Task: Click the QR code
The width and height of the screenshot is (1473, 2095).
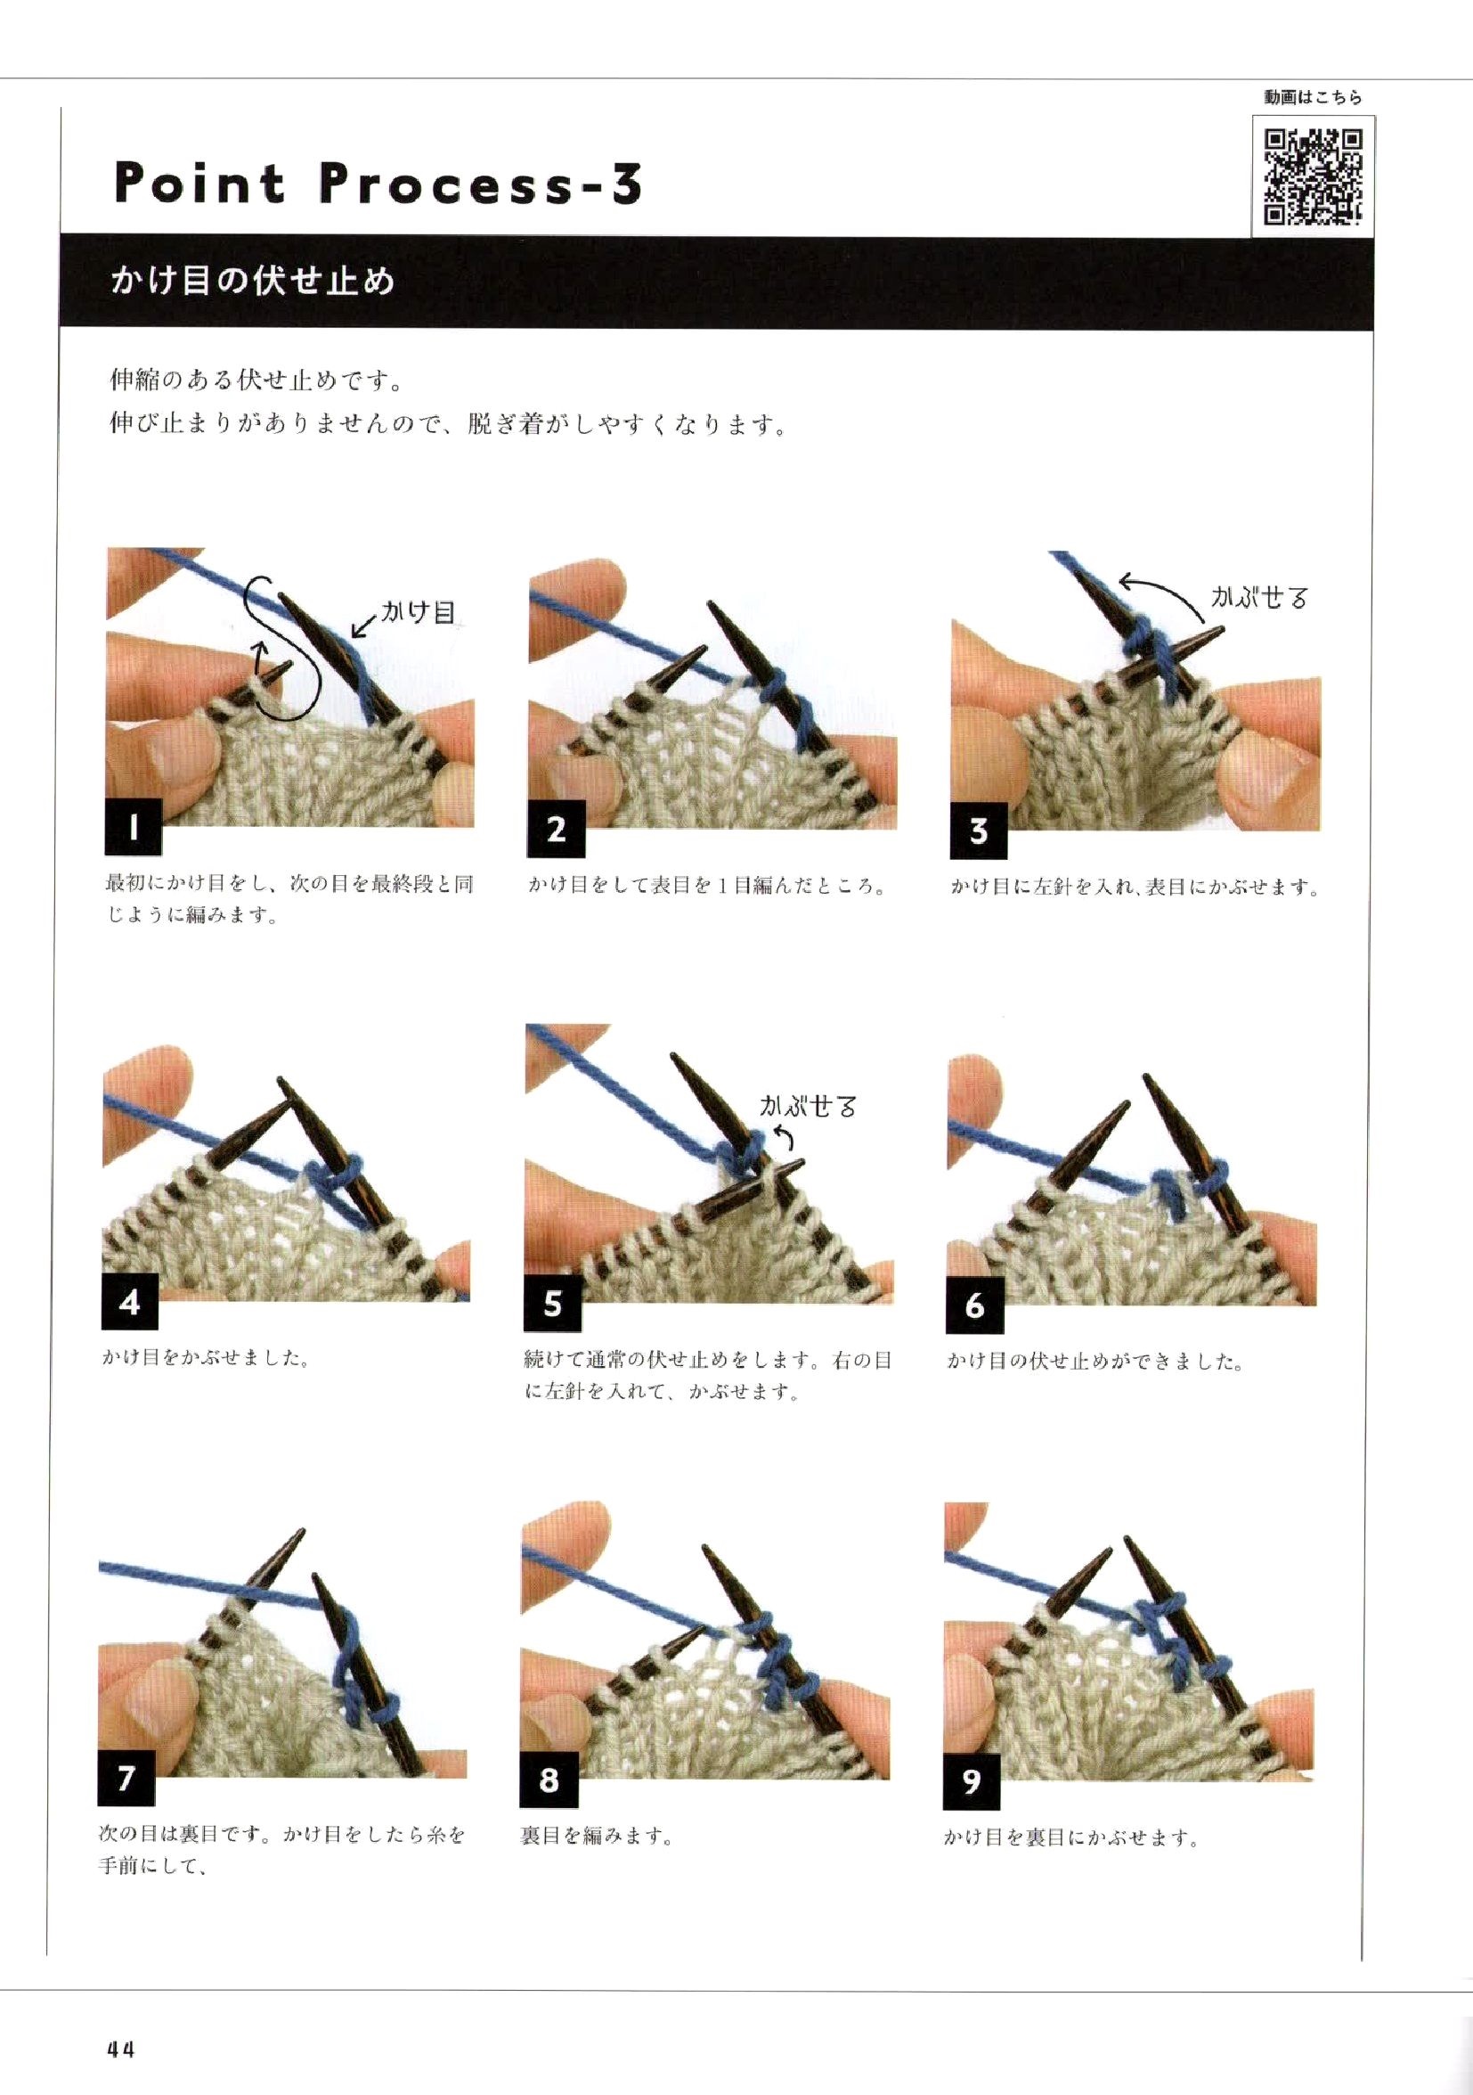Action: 1314,176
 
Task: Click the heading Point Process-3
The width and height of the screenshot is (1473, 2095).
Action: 378,183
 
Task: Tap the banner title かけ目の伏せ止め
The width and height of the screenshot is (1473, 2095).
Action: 252,280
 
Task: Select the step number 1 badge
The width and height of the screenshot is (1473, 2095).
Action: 134,828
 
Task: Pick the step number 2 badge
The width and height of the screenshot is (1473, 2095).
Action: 557,830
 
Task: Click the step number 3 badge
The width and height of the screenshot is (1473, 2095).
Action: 979,831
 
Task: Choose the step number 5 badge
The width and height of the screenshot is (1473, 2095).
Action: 553,1304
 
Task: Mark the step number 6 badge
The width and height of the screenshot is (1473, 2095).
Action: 975,1305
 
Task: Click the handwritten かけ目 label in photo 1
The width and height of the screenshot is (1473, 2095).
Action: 417,611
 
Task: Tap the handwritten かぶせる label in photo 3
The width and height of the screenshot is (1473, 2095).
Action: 1258,598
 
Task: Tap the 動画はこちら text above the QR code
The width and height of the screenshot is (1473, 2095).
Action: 1313,98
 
